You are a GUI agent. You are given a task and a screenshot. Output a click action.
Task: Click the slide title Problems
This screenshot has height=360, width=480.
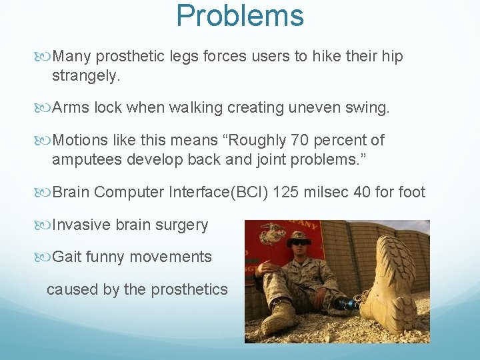click(240, 15)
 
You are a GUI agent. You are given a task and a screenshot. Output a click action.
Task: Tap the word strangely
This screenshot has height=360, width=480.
click(86, 76)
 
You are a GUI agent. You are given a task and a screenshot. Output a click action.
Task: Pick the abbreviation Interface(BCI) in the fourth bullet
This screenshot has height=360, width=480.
click(230, 193)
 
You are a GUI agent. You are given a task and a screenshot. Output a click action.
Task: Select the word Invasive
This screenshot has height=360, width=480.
click(81, 225)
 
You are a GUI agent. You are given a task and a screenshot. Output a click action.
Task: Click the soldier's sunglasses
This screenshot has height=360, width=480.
click(299, 244)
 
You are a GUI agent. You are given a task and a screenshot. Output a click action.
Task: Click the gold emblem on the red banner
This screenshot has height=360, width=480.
click(273, 233)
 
